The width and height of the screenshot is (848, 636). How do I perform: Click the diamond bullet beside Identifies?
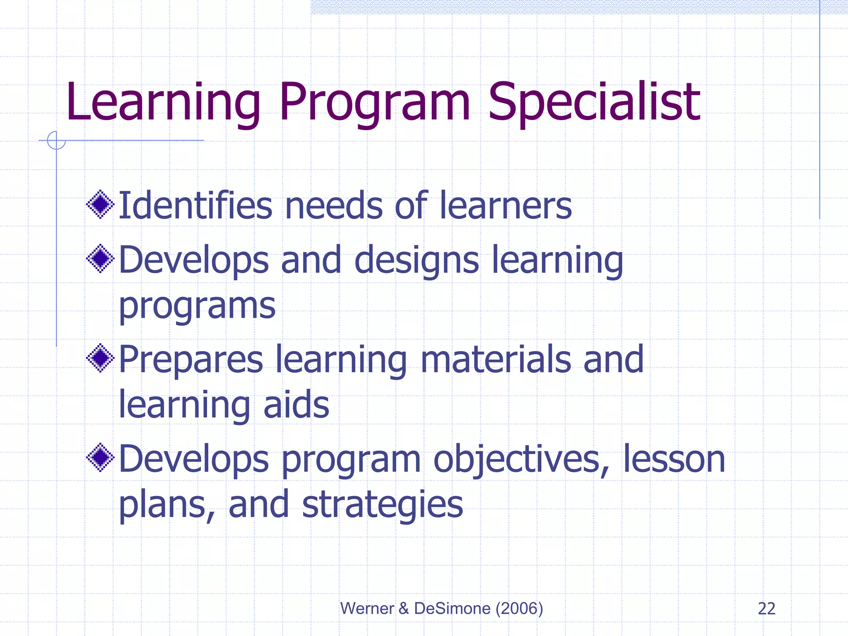pyautogui.click(x=100, y=204)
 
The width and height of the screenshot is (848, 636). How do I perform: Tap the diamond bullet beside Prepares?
pyautogui.click(x=100, y=358)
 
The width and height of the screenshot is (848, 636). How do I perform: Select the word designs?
pyautogui.click(x=417, y=260)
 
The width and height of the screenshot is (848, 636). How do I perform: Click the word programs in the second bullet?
pyautogui.click(x=197, y=306)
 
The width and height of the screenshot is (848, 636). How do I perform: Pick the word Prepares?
pyautogui.click(x=191, y=359)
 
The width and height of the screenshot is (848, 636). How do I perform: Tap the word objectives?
pyautogui.click(x=521, y=460)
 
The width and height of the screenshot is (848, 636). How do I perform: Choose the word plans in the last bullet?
pyautogui.click(x=166, y=505)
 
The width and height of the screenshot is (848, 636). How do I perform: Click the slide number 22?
pyautogui.click(x=766, y=609)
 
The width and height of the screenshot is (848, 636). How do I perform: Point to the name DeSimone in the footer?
pyautogui.click(x=452, y=609)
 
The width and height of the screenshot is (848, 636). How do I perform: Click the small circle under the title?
pyautogui.click(x=56, y=140)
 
